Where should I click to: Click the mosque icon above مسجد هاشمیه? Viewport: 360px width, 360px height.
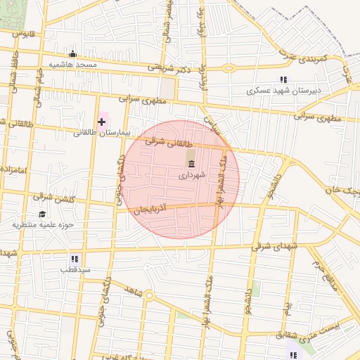coord(72,54)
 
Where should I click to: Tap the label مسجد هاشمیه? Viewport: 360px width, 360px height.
coord(77,64)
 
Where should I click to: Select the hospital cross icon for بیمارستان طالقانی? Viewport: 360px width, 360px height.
coord(102,122)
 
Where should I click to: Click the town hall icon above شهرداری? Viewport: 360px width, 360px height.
coord(191,164)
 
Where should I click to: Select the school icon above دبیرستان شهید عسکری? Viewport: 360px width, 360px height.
coord(283,80)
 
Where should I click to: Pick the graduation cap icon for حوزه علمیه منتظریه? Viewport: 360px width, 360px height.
coord(42,214)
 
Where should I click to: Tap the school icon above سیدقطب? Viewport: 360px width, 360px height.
coord(75,259)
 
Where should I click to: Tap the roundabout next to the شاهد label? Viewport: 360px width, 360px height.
coord(148,295)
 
